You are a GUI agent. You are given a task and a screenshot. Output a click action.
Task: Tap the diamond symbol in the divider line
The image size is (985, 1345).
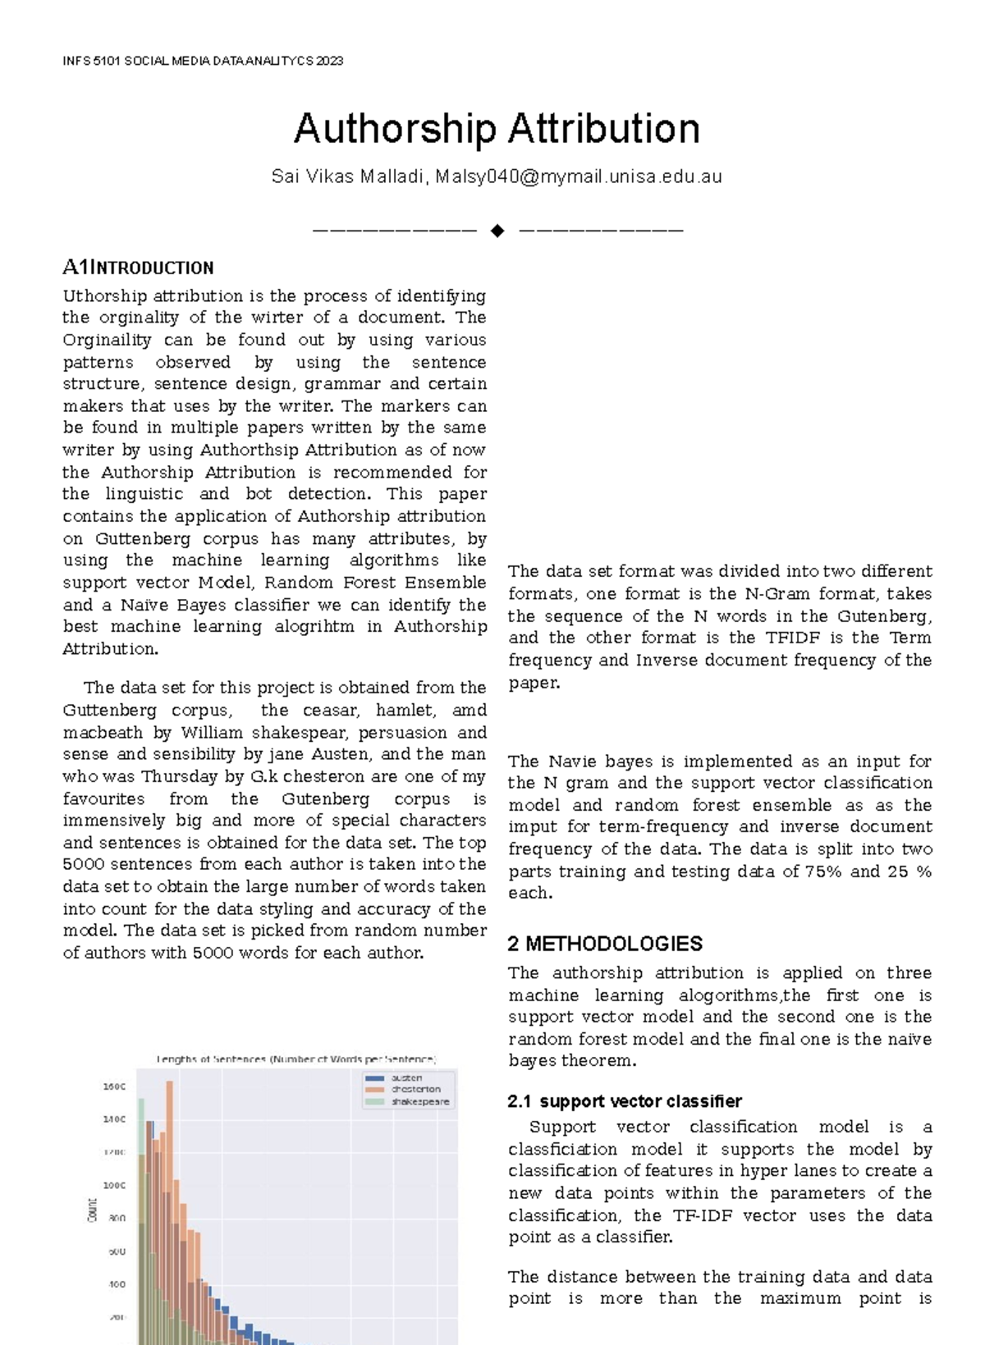pos(497,231)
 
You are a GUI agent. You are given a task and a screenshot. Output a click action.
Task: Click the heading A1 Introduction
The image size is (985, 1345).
pos(138,268)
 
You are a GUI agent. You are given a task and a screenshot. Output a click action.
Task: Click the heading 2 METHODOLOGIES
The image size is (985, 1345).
pos(605,944)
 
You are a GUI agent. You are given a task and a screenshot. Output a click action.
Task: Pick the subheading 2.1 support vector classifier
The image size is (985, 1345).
pos(625,1101)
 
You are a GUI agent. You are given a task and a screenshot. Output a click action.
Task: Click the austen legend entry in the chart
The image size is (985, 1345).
pos(406,1077)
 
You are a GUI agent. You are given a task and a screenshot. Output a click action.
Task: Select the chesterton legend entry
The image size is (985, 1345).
pos(415,1089)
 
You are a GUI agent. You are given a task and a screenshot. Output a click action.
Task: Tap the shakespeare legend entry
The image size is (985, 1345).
pos(419,1101)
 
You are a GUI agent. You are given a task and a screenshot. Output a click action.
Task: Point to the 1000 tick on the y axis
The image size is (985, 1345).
pos(114,1185)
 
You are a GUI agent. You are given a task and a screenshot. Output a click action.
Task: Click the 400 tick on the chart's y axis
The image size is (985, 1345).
pos(117,1284)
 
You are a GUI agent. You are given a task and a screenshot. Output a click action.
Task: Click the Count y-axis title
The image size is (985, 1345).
pos(91,1210)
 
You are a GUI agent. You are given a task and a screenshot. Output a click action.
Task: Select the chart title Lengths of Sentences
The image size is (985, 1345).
pos(296,1059)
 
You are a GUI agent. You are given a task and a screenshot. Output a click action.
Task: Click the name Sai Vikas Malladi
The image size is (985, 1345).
pos(349,176)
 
